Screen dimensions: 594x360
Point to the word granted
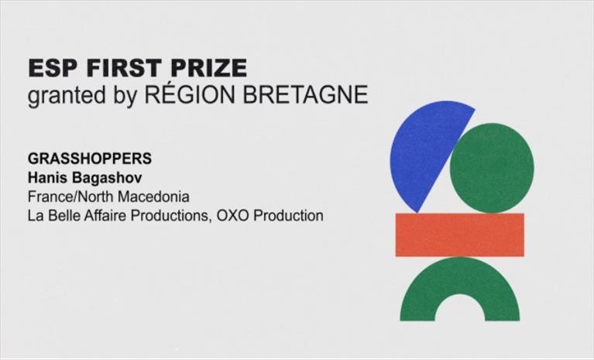click(x=67, y=94)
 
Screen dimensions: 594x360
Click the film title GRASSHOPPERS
click(x=90, y=159)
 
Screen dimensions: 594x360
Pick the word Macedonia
click(x=154, y=197)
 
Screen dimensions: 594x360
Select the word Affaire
click(x=105, y=216)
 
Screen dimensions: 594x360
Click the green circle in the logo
click(x=492, y=168)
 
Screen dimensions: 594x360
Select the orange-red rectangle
click(x=460, y=235)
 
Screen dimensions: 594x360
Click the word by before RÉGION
click(x=125, y=95)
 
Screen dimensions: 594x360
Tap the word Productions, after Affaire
click(x=171, y=216)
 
